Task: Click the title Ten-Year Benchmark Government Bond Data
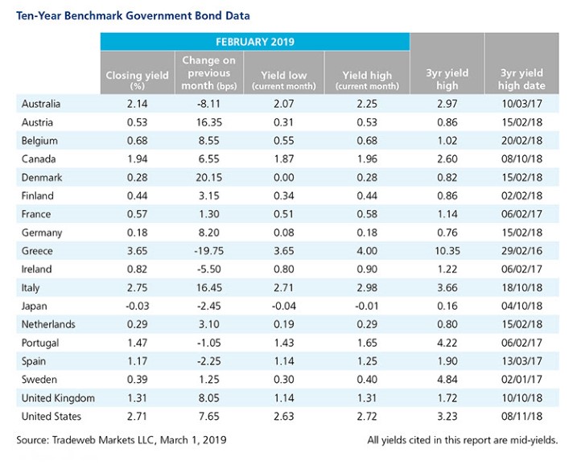[133, 16]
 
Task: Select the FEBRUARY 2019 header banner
[255, 42]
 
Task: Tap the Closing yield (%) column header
[138, 80]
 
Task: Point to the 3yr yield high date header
[521, 79]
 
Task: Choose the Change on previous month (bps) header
[209, 73]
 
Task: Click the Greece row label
[37, 251]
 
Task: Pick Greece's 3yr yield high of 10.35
[447, 251]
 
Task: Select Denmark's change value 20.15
[209, 177]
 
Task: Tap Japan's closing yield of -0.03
[138, 306]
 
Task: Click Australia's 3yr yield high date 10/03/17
[521, 104]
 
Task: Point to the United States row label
[52, 417]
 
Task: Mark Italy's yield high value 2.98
[367, 288]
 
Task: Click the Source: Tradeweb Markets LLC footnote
[122, 440]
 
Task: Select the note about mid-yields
[463, 440]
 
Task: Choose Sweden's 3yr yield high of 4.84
[447, 380]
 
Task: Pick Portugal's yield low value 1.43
[284, 343]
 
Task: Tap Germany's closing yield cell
[138, 232]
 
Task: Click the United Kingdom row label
[58, 398]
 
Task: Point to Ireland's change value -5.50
[209, 269]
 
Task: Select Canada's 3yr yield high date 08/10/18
[521, 159]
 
